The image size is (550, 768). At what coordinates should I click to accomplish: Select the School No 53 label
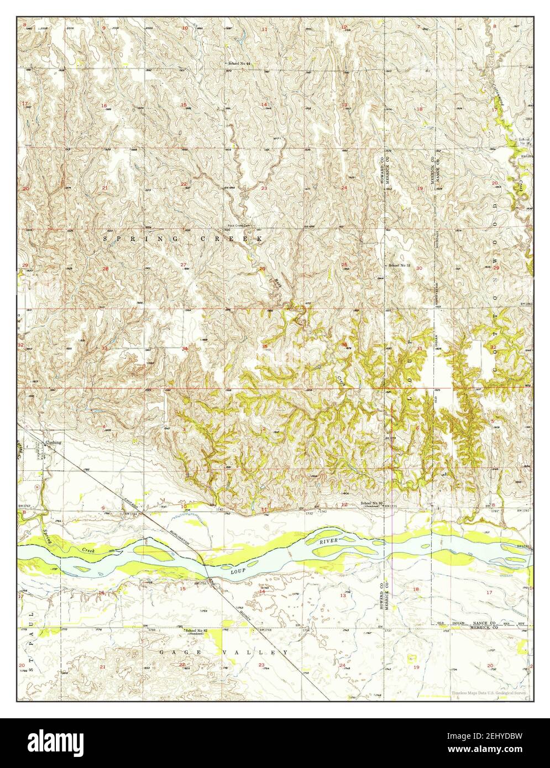pyautogui.click(x=399, y=266)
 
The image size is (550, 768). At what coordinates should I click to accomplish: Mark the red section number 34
pyautogui.click(x=185, y=348)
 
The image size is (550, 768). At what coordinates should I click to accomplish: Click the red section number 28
pyautogui.click(x=104, y=269)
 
